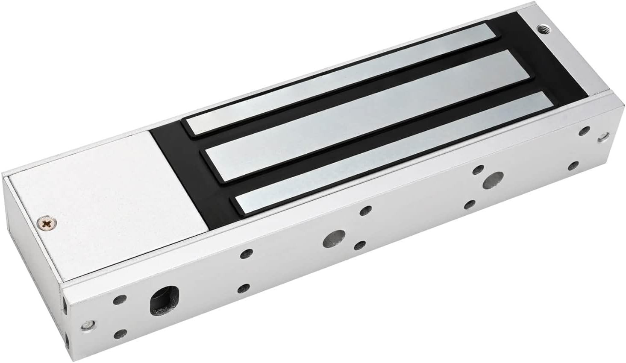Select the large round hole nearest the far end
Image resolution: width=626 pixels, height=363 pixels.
pyautogui.click(x=493, y=180)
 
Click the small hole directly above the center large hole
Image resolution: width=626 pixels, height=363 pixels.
pyautogui.click(x=365, y=210)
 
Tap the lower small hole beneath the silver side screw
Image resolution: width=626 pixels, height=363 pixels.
pyautogui.click(x=122, y=334)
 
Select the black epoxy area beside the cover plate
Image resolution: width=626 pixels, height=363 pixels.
pyautogui.click(x=188, y=179)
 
